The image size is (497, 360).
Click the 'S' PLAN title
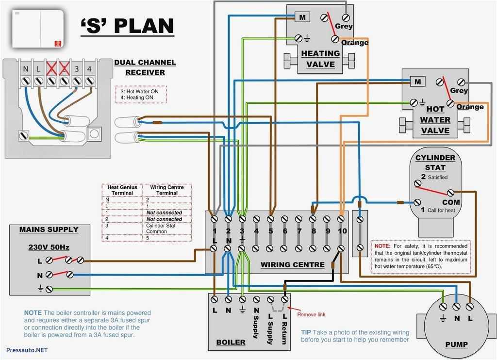pyautogui.click(x=127, y=26)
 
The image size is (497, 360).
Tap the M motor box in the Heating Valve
pyautogui.click(x=302, y=17)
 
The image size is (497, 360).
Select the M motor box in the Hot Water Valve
pyautogui.click(x=417, y=82)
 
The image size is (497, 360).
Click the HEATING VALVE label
pyautogui.click(x=320, y=59)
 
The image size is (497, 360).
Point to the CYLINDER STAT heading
pyautogui.click(x=435, y=163)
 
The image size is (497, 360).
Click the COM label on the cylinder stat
pyautogui.click(x=451, y=202)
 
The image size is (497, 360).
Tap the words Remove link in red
pyautogui.click(x=311, y=314)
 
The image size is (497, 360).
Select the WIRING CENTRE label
pyautogui.click(x=292, y=264)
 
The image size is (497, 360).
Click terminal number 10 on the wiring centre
pyautogui.click(x=342, y=231)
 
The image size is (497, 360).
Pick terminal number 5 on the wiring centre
pyautogui.click(x=271, y=231)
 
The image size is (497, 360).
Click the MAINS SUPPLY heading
pyautogui.click(x=49, y=229)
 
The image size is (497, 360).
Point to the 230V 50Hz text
pyautogui.click(x=49, y=247)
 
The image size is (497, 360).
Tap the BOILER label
pyautogui.click(x=231, y=343)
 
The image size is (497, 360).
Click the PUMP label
pyautogui.click(x=456, y=344)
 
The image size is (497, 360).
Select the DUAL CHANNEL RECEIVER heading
pyautogui.click(x=145, y=67)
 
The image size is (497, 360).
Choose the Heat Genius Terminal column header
pyautogui.click(x=122, y=190)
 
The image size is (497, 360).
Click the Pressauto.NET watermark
pyautogui.click(x=27, y=349)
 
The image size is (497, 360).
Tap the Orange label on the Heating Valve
pyautogui.click(x=355, y=43)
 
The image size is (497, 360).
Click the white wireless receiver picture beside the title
pyautogui.click(x=38, y=29)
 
